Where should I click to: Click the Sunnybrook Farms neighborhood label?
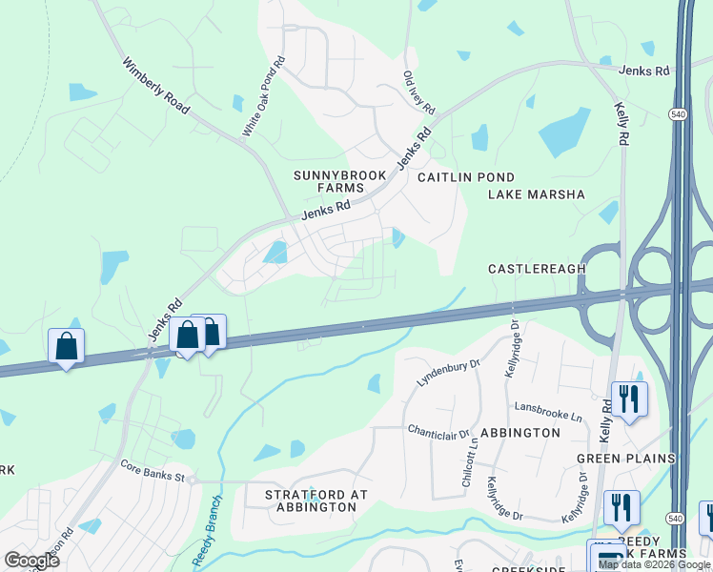tap(330, 181)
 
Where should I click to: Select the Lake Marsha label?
tap(536, 194)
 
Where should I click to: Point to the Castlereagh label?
tap(537, 269)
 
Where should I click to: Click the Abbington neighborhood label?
tap(520, 432)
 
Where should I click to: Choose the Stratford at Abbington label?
tap(316, 500)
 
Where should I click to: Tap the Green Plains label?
tap(625, 459)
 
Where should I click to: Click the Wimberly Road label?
tap(157, 92)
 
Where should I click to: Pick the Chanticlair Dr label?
tap(439, 431)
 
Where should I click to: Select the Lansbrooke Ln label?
tap(548, 410)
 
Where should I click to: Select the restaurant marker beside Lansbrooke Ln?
tap(628, 398)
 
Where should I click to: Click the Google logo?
tap(31, 560)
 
